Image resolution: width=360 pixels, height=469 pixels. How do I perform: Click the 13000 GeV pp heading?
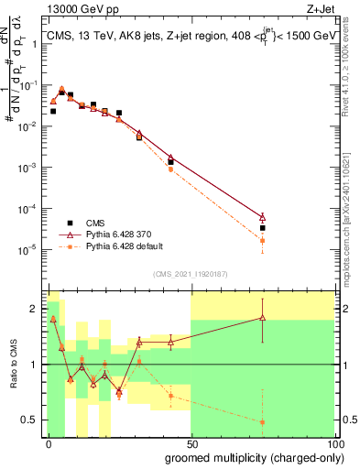click(78, 8)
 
